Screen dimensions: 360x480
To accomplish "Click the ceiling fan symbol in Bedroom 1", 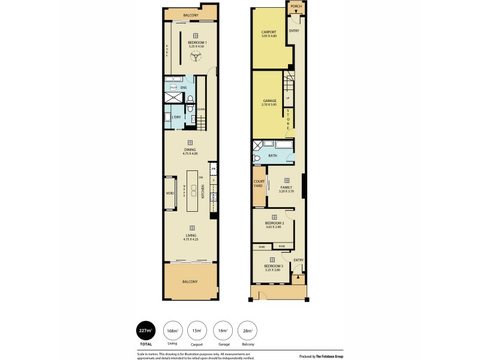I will tap(196, 58).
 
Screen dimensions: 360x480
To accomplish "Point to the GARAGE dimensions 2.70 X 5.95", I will tap(269, 104).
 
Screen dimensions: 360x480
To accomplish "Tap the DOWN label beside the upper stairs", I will tap(201, 109).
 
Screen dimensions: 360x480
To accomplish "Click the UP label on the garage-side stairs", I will tap(287, 98).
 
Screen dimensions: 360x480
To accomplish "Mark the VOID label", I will tap(170, 193).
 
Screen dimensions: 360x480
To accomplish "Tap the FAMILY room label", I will tap(286, 187).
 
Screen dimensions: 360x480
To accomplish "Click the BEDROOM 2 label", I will tap(274, 223).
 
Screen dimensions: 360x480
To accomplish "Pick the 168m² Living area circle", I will tap(173, 330).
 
